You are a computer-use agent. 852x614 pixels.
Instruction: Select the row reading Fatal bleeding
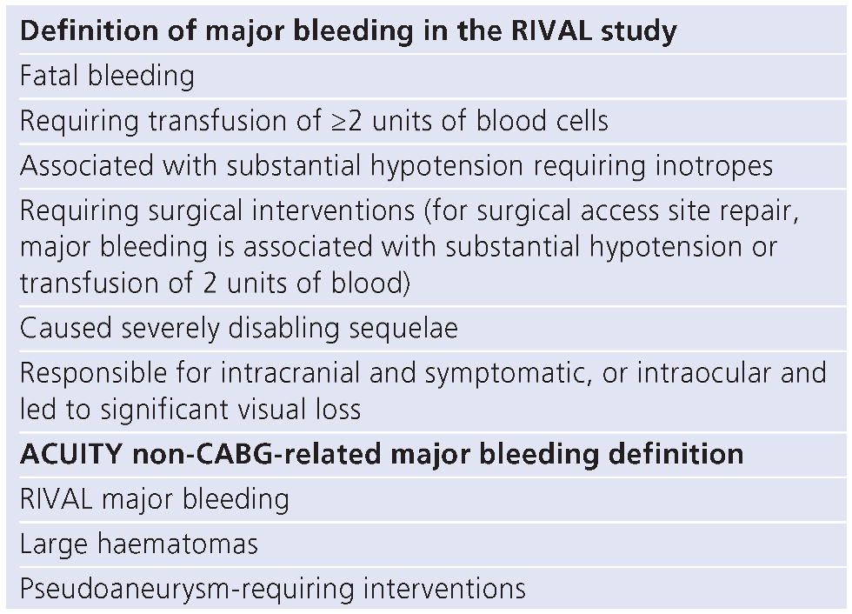107,76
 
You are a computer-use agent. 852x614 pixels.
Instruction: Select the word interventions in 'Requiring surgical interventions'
331,211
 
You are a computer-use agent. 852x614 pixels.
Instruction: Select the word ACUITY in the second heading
68,454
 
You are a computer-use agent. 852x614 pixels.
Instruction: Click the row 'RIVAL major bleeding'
155,499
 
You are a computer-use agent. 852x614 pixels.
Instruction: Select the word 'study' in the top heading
639,32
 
